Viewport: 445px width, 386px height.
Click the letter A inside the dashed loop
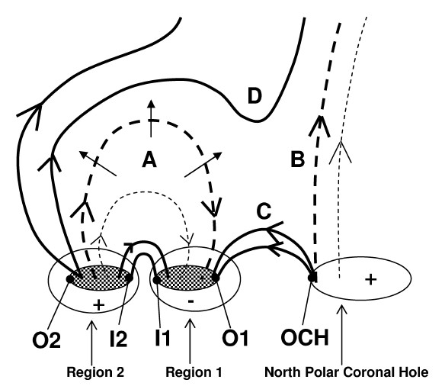(149, 159)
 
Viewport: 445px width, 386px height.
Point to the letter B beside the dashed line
(298, 159)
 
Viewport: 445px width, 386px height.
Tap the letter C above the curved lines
(264, 211)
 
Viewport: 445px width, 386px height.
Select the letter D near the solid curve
(255, 96)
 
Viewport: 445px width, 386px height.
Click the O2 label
(46, 340)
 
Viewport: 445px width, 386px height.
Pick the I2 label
(118, 339)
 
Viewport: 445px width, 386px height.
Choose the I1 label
(162, 338)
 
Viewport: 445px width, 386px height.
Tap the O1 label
(235, 338)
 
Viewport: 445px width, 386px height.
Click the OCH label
(305, 337)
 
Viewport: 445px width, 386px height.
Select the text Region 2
(95, 372)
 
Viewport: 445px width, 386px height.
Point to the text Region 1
(194, 372)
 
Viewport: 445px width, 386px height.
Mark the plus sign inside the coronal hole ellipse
(370, 279)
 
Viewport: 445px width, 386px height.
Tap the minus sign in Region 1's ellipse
(191, 301)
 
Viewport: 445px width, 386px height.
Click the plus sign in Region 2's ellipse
(99, 305)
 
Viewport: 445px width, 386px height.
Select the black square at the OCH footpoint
(312, 278)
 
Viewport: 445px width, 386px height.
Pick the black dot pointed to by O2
(70, 279)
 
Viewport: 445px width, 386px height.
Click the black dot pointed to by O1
(216, 278)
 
